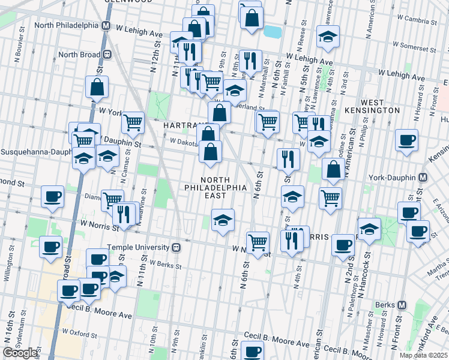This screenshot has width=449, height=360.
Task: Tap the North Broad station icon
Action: (108, 54)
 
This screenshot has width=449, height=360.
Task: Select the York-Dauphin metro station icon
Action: (423, 178)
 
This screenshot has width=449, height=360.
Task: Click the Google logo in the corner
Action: (21, 353)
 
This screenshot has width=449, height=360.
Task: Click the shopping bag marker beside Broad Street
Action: (97, 88)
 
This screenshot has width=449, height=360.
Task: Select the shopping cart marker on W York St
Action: (133, 122)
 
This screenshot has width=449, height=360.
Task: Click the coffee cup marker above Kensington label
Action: (406, 140)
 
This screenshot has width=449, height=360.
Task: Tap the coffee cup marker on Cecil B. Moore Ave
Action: (253, 350)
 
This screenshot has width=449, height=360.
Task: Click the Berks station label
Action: (384, 305)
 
